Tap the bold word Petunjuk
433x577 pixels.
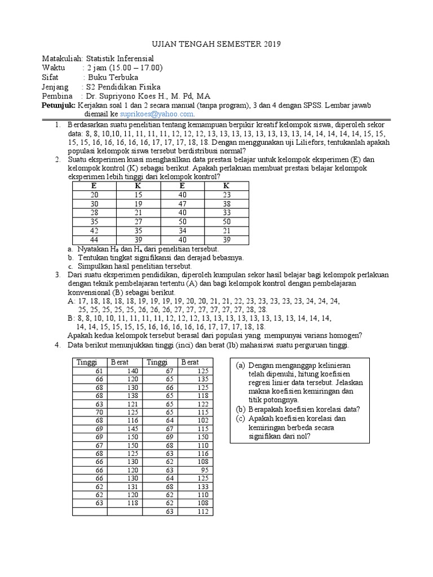pos(59,105)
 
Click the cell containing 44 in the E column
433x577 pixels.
pos(94,239)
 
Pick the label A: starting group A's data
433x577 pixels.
pos(71,301)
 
